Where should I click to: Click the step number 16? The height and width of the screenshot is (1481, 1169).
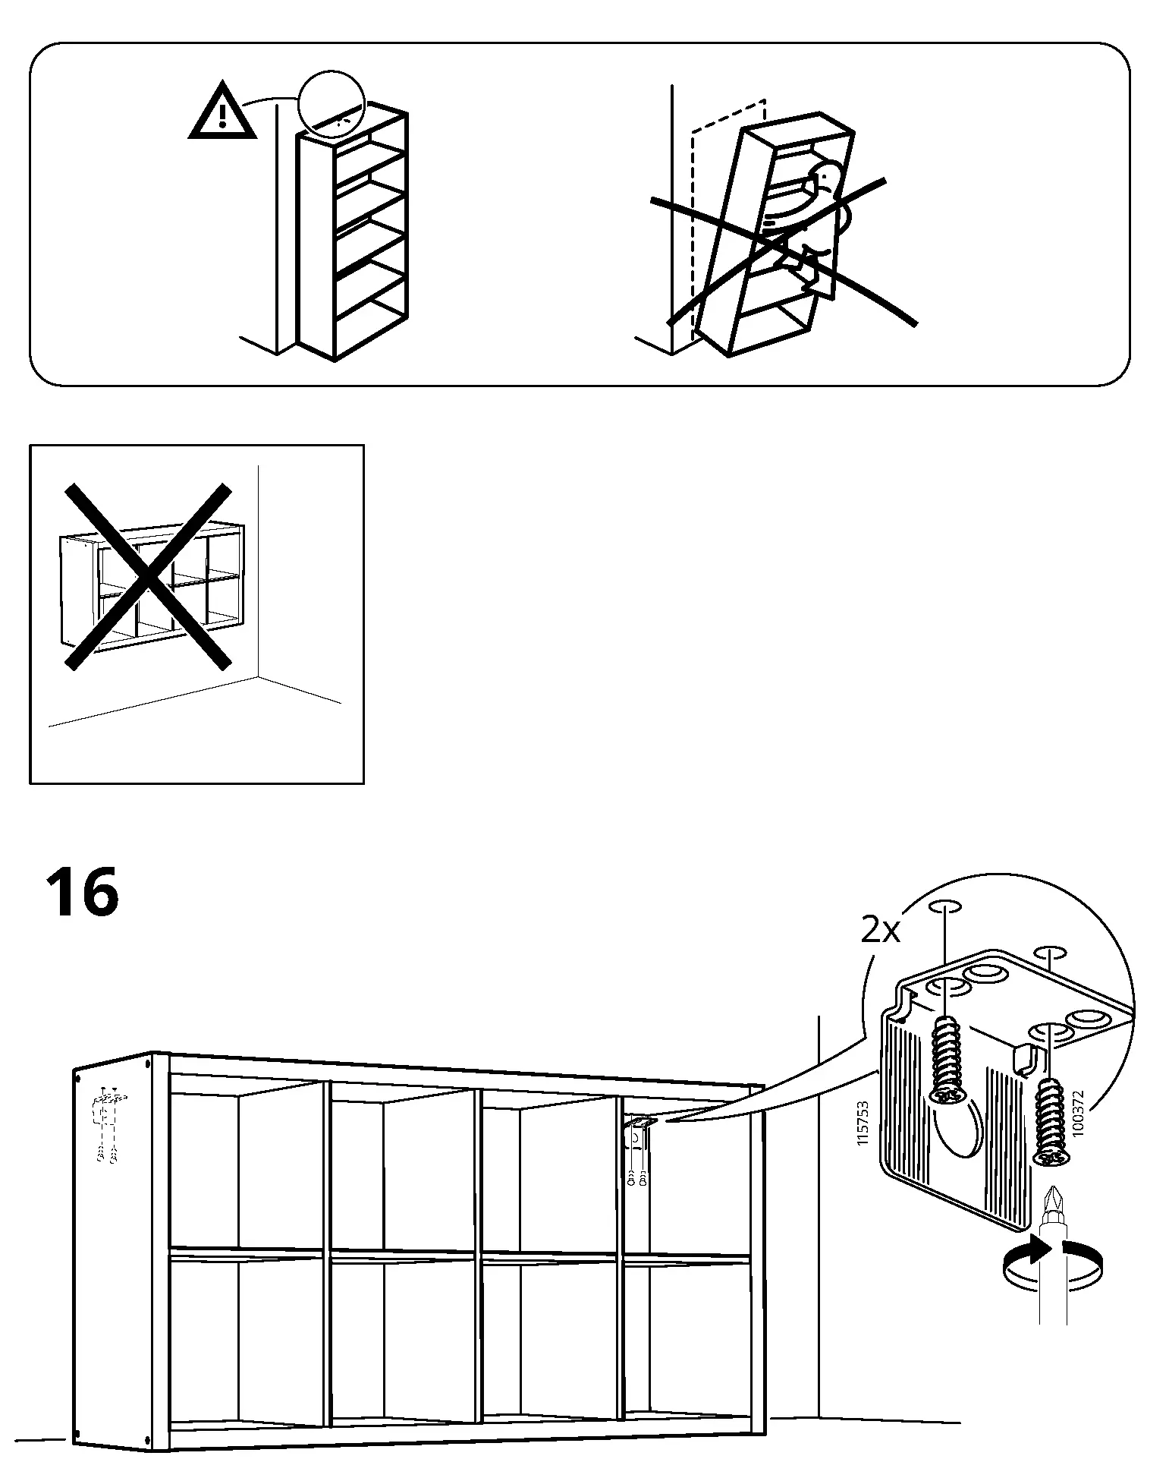pyautogui.click(x=82, y=893)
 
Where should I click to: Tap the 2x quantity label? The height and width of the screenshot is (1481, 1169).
pyautogui.click(x=880, y=930)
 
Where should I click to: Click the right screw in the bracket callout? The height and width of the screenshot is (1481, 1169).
pyautogui.click(x=1048, y=1131)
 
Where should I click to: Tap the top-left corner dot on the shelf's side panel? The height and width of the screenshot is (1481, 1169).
pyautogui.click(x=77, y=1076)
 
